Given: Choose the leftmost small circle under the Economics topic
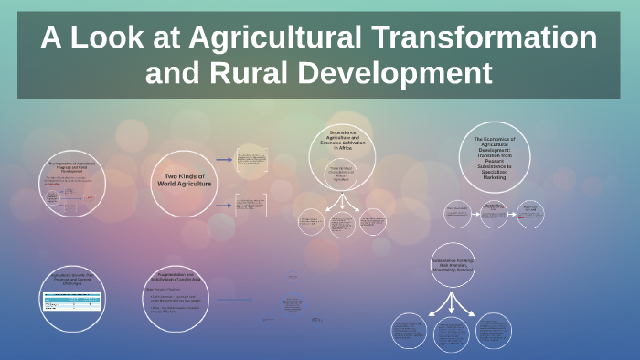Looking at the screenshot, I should (457, 214).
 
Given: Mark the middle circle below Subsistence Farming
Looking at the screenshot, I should (452, 333).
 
